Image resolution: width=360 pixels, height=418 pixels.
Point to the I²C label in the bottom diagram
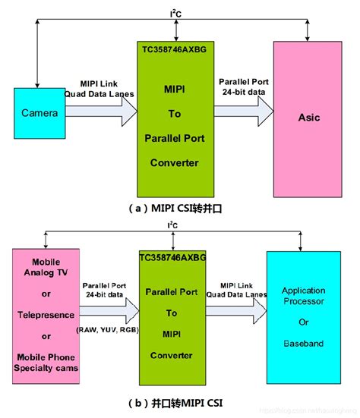point(175,226)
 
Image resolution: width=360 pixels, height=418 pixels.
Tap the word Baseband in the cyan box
point(303,343)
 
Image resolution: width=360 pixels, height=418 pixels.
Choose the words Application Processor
point(303,296)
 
